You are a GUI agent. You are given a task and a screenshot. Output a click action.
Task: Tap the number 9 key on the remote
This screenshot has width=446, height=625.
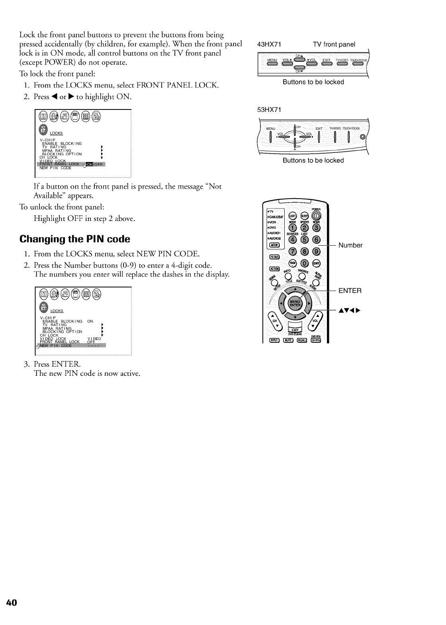(317, 251)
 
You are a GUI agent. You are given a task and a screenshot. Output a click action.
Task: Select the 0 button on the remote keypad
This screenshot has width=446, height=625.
(305, 263)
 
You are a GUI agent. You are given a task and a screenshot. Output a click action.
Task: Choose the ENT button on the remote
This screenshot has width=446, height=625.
(317, 263)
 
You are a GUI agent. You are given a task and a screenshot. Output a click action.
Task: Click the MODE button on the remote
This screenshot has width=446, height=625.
(275, 244)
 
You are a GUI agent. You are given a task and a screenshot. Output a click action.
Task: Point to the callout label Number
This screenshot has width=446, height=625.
(350, 245)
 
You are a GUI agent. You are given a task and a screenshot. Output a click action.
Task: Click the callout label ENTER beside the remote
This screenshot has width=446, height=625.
(350, 291)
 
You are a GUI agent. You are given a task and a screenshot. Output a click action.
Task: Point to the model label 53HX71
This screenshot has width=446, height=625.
(270, 110)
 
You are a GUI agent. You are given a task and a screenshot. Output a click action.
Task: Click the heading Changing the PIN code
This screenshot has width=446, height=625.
(75, 239)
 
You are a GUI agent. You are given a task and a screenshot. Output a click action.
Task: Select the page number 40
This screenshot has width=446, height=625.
(12, 602)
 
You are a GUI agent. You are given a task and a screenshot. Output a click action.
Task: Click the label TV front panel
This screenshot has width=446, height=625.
(334, 44)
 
